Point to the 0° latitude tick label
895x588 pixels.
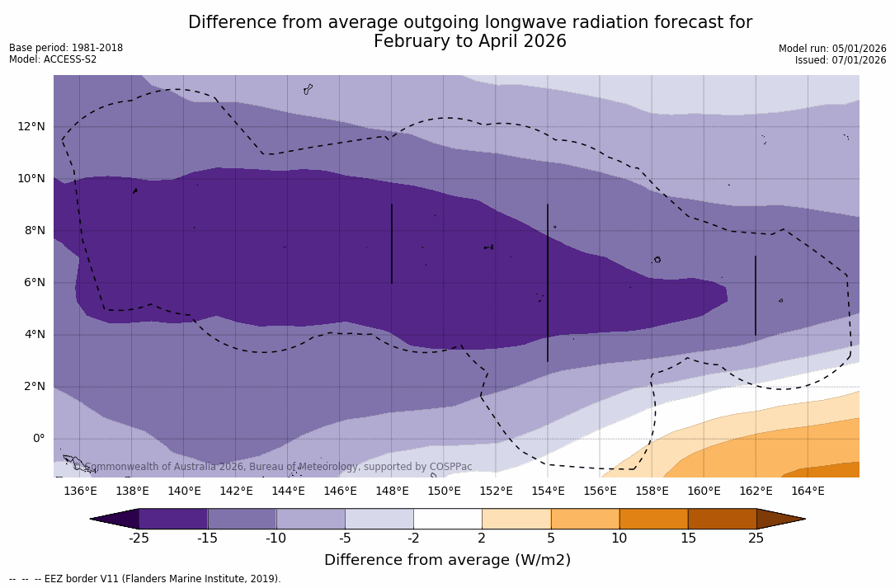[x=38, y=439]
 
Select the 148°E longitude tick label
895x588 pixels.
[x=392, y=491]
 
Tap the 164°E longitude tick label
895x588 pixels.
[x=808, y=491]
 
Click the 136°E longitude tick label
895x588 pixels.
[x=80, y=491]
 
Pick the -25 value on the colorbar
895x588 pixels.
[x=139, y=539]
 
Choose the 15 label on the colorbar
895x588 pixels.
[x=687, y=539]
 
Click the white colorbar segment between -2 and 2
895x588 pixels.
[x=447, y=519]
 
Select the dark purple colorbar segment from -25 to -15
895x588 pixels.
[x=173, y=519]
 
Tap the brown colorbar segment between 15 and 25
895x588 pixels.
[x=722, y=519]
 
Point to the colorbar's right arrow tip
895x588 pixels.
[x=803, y=519]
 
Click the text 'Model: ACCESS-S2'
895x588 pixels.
[x=53, y=59]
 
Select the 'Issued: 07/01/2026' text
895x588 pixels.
[x=841, y=60]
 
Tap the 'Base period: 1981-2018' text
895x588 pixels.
[x=66, y=48]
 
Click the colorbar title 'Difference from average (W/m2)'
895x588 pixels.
[x=447, y=561]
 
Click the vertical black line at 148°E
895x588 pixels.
[x=392, y=243]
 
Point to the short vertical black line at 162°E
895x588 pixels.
[x=755, y=295]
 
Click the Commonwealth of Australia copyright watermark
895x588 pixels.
[x=273, y=467]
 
